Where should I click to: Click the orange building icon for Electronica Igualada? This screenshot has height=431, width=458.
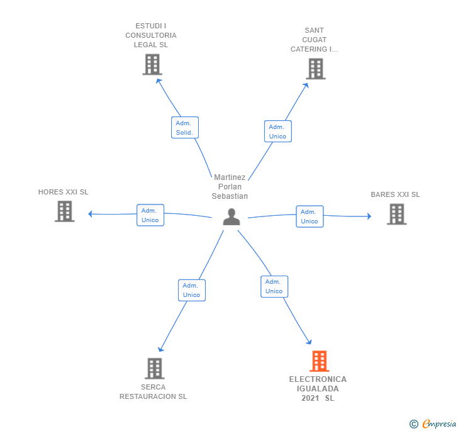[x=319, y=361]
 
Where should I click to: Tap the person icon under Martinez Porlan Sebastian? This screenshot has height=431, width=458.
[x=232, y=216]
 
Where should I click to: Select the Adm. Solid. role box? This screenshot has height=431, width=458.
[x=185, y=127]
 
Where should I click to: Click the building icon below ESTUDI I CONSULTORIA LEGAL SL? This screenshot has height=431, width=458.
[x=152, y=65]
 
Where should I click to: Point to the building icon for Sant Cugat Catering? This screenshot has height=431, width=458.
[x=316, y=69]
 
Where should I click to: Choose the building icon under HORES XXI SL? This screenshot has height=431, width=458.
[x=65, y=211]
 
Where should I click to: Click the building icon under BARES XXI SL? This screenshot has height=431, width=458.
[x=396, y=214]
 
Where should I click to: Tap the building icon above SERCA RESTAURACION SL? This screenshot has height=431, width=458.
[x=155, y=369]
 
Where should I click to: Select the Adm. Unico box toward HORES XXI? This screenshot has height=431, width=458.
[x=150, y=215]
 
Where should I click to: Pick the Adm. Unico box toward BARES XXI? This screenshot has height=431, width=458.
[x=310, y=216]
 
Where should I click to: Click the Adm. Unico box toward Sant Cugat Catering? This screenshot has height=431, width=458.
[x=278, y=132]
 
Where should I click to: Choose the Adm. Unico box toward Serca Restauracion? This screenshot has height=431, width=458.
[x=192, y=290]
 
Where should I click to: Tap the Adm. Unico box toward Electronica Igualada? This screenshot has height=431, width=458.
[x=274, y=286]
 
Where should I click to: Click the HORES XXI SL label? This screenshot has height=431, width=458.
[x=63, y=192]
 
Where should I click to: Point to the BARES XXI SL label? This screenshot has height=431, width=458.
[x=395, y=194]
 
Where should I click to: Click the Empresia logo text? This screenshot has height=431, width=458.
[x=438, y=424]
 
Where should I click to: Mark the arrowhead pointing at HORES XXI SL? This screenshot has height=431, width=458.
[x=90, y=214]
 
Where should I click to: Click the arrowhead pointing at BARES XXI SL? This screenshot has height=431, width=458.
[x=369, y=216]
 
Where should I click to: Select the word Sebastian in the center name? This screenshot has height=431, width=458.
[x=230, y=196]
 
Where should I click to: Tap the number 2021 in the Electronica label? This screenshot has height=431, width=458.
[x=310, y=398]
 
